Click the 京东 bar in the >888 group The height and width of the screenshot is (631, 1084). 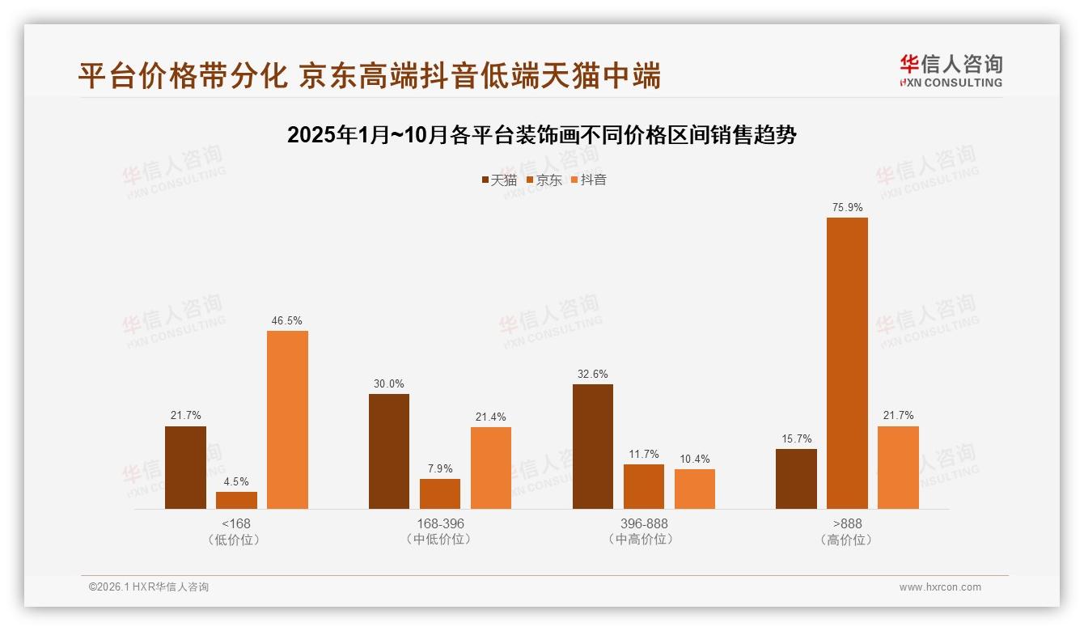847,363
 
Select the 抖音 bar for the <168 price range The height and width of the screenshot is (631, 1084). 287,420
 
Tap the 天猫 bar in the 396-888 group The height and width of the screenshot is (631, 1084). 593,447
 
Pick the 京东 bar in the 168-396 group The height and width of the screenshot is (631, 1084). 440,493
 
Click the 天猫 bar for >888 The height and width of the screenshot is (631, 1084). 796,479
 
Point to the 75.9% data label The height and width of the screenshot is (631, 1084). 847,208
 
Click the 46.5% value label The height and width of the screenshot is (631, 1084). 287,321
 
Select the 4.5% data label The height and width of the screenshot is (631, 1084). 236,482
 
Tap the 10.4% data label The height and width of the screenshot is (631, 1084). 695,459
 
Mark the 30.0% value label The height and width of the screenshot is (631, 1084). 389,384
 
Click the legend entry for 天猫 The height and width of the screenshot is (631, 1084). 498,180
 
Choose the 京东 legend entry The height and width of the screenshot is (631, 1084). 544,180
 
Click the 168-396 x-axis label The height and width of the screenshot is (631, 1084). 440,523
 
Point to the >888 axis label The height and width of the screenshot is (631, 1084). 847,523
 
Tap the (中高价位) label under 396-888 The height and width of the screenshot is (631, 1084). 644,539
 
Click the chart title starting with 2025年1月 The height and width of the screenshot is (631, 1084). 542,135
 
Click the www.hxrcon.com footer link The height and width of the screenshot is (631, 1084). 940,587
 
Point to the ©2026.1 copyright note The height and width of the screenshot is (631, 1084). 149,587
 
